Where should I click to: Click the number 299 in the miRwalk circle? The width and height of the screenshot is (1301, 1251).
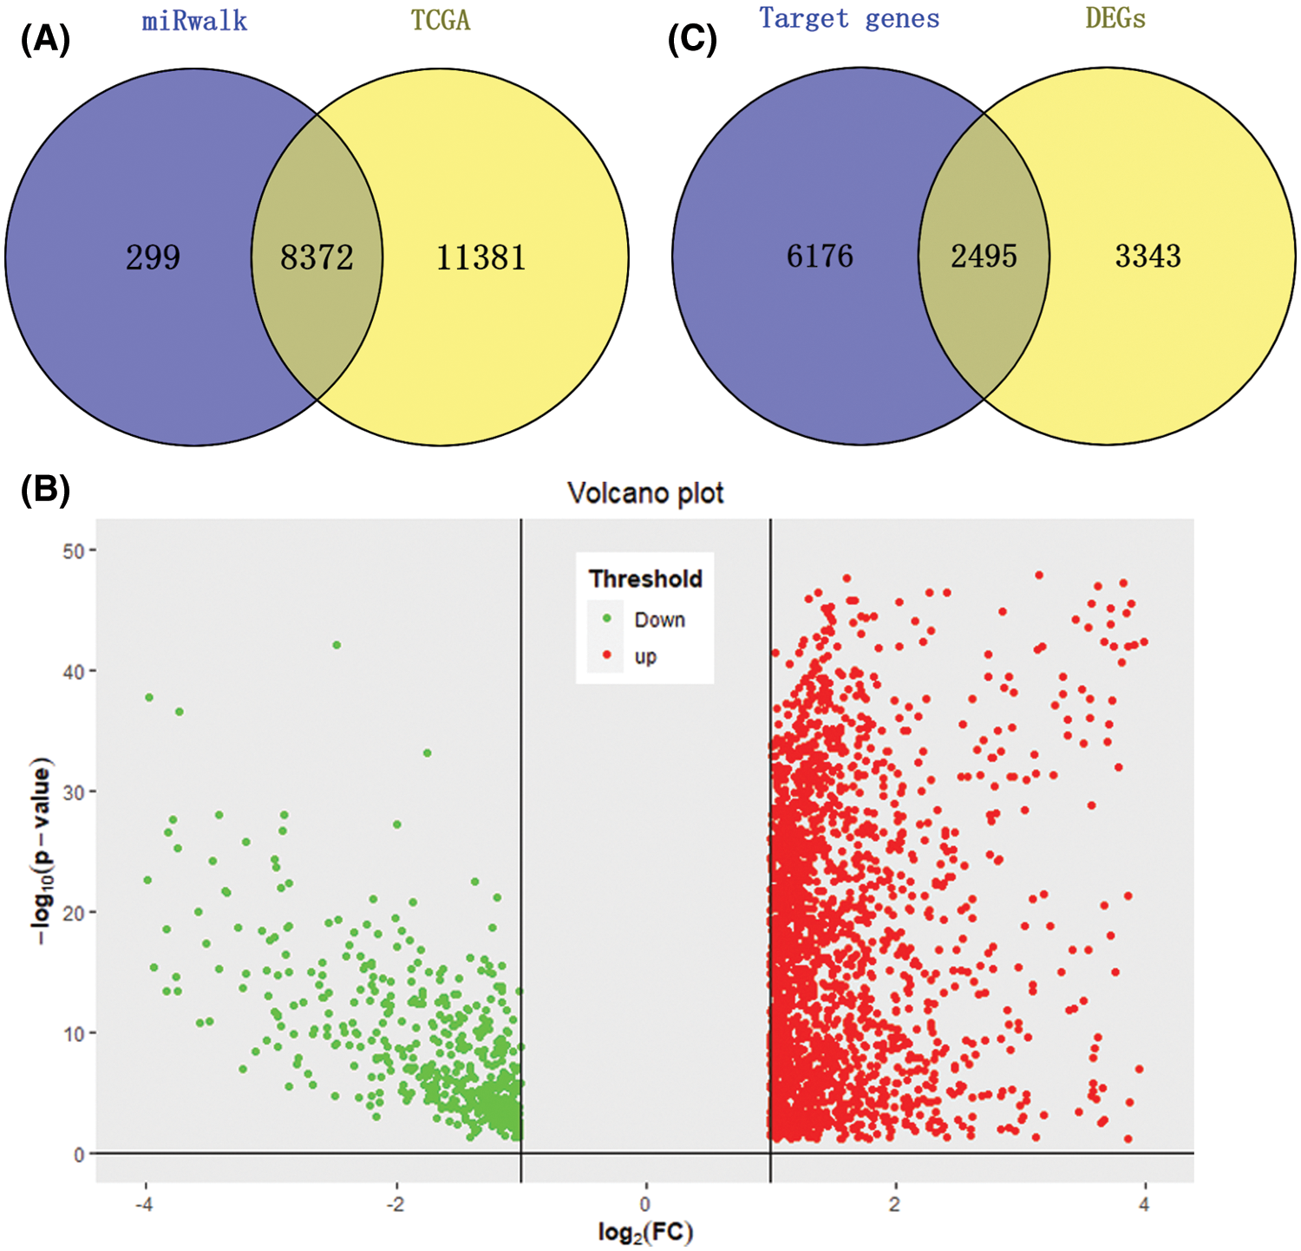pos(154,257)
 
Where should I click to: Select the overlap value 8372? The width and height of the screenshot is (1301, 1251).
pos(317,257)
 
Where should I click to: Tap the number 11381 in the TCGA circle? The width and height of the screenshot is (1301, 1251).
pos(481,257)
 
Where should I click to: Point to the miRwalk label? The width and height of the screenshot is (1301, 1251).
pos(194,21)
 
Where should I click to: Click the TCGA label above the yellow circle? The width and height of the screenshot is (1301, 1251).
pos(441,21)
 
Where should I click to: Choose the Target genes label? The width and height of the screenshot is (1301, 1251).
pos(849,18)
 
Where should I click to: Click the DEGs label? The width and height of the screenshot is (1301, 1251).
pos(1115,18)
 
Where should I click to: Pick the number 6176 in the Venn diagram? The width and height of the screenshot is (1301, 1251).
pos(820,256)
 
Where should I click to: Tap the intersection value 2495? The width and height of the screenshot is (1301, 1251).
pos(984,256)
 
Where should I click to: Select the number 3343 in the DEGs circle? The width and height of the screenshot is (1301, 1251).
pos(1147,256)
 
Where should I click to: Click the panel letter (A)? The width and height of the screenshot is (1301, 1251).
pos(45,41)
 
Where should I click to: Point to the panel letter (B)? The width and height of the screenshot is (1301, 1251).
pos(45,490)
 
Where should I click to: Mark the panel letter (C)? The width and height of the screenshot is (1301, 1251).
pos(692,41)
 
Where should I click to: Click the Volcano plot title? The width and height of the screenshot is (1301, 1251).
pos(645,493)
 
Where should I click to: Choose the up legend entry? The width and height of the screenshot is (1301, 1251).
pos(645,656)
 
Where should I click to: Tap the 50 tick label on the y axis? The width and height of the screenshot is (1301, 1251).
pos(73,551)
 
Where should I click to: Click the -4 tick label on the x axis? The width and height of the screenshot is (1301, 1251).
pos(144,1203)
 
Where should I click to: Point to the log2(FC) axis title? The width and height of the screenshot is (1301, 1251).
pos(645,1232)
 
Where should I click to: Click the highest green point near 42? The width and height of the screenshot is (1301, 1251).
pos(337,645)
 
